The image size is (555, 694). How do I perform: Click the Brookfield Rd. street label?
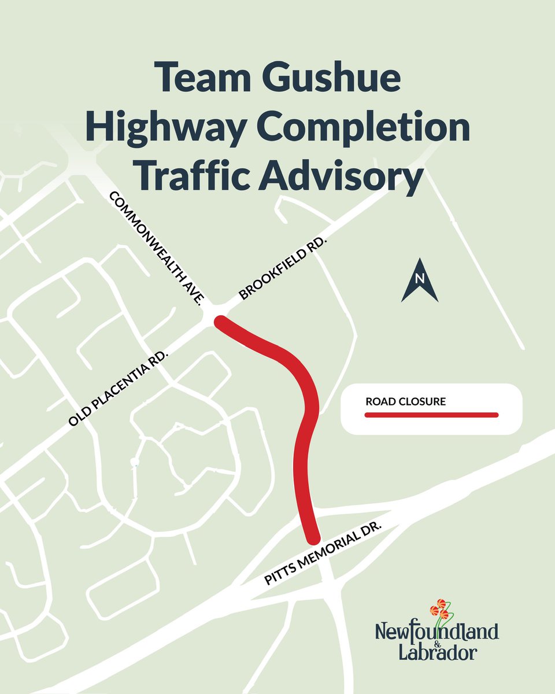(x=283, y=268)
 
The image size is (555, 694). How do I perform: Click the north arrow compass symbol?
(x=420, y=282)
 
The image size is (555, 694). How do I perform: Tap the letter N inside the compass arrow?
(x=420, y=279)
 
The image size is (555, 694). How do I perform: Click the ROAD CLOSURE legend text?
(x=405, y=401)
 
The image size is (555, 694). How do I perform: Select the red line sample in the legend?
(x=431, y=415)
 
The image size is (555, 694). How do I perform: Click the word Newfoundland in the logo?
(x=436, y=631)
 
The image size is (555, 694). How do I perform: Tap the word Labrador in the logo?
(x=437, y=652)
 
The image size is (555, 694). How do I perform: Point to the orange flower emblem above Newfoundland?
(x=440, y=608)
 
